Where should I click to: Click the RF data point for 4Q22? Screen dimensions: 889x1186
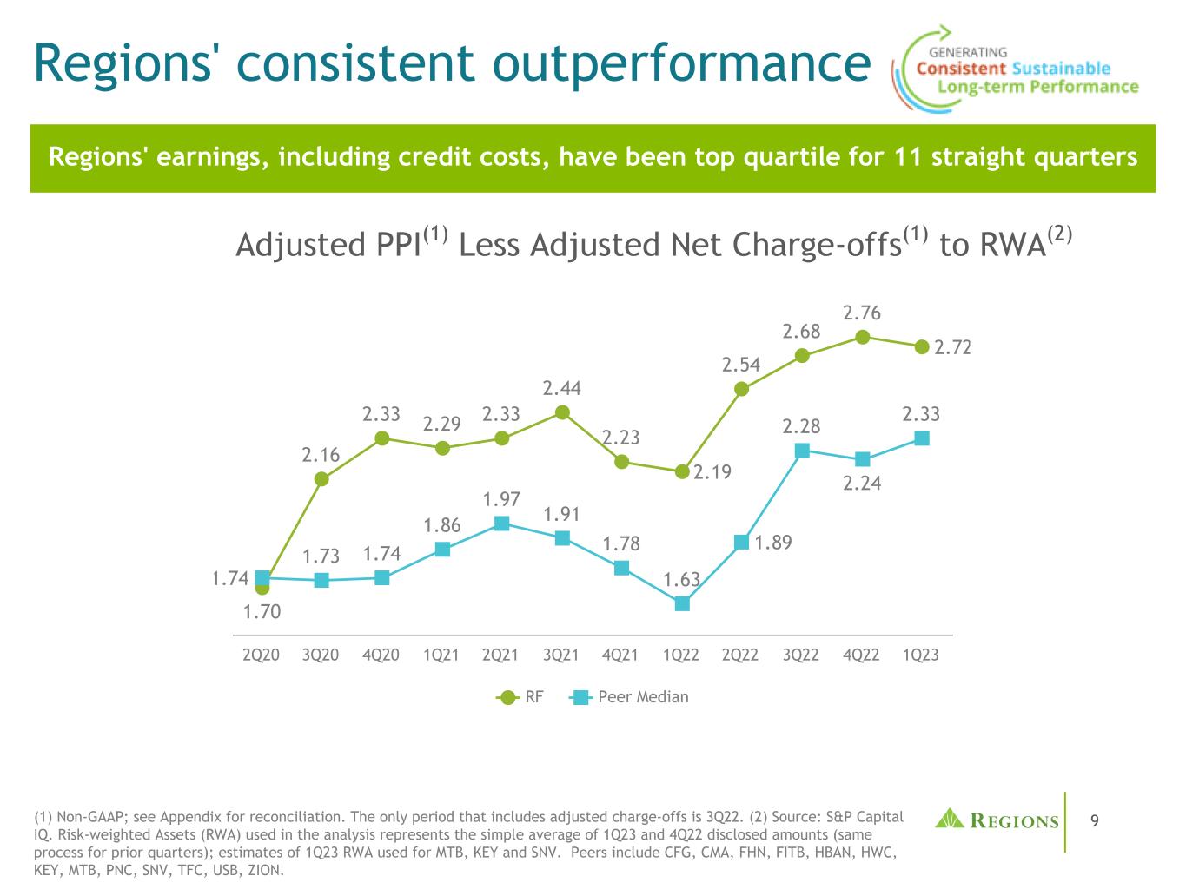tap(863, 337)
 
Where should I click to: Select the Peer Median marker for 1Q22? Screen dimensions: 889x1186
tap(682, 603)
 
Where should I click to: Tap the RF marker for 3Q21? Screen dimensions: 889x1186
tap(562, 412)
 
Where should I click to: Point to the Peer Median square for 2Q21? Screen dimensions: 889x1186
tap(501, 523)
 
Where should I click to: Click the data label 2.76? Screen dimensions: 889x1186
tap(862, 312)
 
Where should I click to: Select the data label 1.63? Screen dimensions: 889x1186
tap(681, 579)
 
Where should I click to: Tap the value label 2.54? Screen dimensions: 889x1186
tap(740, 365)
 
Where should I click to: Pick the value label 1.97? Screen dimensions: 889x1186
tap(501, 499)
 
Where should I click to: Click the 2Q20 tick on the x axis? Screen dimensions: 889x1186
tap(261, 655)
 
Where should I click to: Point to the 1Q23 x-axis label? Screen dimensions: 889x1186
tap(921, 655)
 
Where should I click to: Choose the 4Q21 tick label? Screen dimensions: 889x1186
tap(620, 655)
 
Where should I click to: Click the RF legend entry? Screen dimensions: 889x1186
tap(521, 696)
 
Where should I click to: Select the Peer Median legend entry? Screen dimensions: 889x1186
tap(630, 696)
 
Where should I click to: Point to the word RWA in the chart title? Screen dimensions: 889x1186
tap(1011, 246)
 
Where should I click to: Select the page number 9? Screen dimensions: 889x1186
tap(1094, 820)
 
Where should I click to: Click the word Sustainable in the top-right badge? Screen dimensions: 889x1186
tap(1061, 68)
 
